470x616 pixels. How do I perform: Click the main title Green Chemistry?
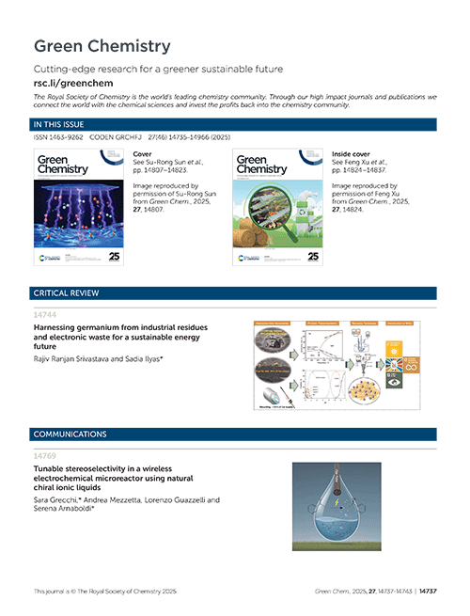tap(102, 46)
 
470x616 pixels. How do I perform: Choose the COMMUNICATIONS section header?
tap(70, 434)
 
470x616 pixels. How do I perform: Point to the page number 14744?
tap(43, 316)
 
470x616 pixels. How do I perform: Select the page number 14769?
tap(43, 456)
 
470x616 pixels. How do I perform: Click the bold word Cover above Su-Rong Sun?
tap(143, 151)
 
